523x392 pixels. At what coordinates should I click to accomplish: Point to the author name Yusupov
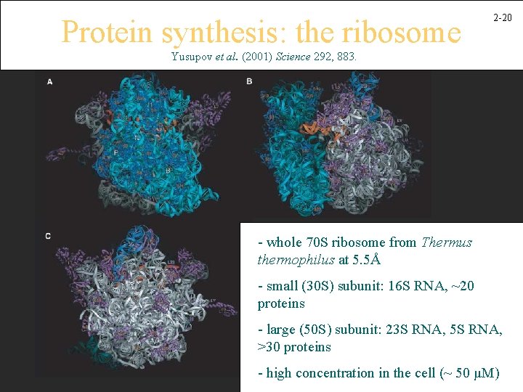pyautogui.click(x=192, y=56)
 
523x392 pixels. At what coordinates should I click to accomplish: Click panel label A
pyautogui.click(x=49, y=82)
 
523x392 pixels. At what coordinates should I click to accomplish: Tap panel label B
pyautogui.click(x=249, y=81)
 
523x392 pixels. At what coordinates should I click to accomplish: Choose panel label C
pyautogui.click(x=48, y=237)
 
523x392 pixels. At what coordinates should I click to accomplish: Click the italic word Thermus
pyautogui.click(x=447, y=242)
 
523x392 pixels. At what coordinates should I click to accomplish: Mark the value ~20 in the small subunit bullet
pyautogui.click(x=460, y=286)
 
